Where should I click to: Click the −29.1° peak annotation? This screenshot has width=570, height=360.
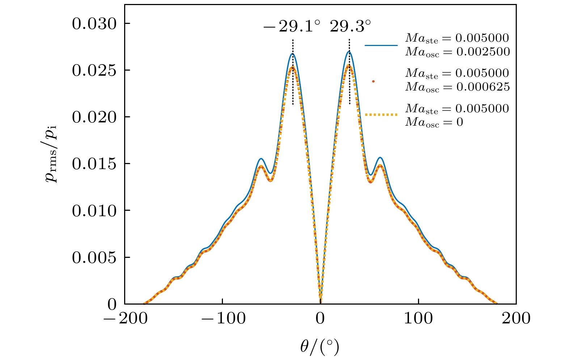291,26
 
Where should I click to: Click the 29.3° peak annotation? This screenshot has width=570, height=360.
350,26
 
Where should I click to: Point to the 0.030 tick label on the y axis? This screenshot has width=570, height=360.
94,24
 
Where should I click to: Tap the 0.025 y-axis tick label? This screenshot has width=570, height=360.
94,71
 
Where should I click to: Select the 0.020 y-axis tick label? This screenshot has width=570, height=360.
94,117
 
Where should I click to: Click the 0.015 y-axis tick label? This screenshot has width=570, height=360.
94,164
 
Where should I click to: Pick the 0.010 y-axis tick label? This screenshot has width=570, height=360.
94,211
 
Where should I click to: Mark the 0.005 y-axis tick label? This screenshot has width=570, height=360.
94,258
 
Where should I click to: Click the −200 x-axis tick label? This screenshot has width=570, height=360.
124,319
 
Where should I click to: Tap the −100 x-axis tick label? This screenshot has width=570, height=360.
222,319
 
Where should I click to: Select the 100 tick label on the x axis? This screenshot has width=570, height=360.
418,319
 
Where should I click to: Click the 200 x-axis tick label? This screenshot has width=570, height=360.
516,319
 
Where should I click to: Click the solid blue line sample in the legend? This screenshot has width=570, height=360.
381,45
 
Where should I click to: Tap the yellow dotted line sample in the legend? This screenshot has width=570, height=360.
381,115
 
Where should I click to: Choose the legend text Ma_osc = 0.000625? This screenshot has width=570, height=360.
457,87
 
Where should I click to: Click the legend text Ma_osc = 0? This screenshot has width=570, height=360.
434,122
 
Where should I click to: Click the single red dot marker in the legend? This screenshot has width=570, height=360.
373,81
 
